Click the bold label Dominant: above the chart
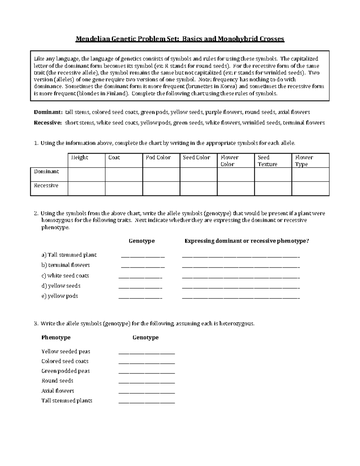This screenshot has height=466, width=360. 48,112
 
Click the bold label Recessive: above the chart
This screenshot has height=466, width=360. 48,123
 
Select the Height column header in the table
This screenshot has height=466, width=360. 79,158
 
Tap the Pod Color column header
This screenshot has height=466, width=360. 158,158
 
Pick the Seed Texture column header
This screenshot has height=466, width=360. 267,161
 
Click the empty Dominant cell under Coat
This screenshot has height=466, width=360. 124,174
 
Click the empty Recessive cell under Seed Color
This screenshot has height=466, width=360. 198,188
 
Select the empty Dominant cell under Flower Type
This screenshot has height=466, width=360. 310,174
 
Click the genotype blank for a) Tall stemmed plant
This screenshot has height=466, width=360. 143,256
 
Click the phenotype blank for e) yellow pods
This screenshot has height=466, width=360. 241,297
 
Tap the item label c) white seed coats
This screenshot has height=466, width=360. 65,275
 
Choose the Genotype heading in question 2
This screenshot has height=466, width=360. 142,241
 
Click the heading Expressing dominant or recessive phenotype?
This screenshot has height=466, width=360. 247,241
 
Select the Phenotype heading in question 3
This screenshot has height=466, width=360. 56,338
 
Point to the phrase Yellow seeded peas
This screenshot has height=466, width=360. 66,351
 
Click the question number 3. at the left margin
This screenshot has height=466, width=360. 36,323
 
